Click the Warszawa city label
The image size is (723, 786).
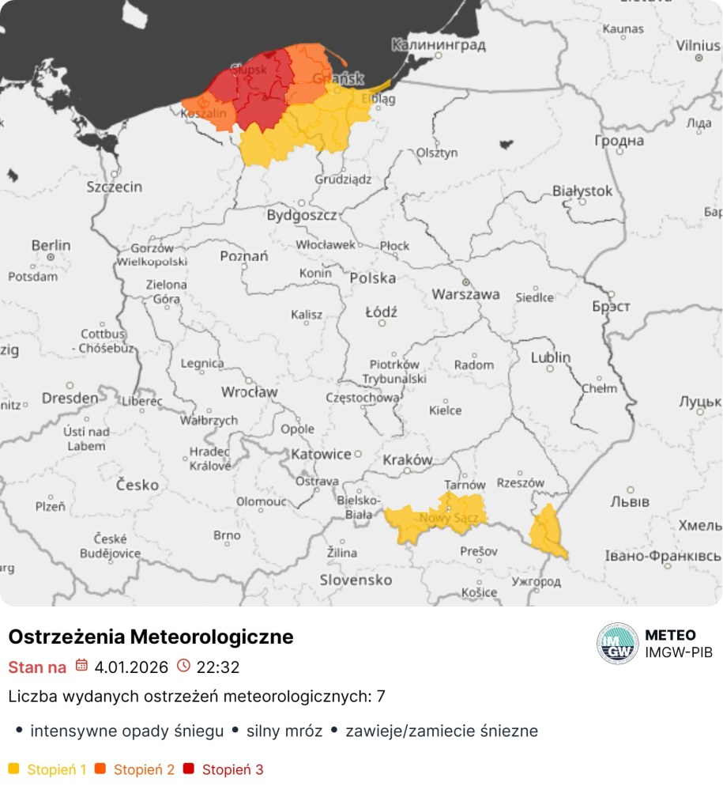tap(465, 294)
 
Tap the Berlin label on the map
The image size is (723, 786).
tap(51, 246)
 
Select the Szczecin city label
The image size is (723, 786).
tap(115, 187)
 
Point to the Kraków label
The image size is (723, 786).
tap(407, 459)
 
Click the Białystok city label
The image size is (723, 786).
tap(582, 191)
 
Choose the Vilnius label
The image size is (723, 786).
tap(698, 45)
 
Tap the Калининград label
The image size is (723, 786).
tap(439, 45)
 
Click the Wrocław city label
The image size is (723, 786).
tap(249, 391)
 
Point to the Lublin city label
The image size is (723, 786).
tap(551, 357)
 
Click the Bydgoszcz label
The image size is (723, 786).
tap(301, 214)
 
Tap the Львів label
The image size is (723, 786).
tap(630, 501)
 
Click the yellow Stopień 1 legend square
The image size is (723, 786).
tap(13, 769)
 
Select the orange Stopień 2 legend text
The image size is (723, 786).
tap(144, 769)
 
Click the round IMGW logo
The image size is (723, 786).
tap(617, 643)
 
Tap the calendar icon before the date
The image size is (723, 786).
tap(81, 666)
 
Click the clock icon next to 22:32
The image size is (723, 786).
tap(183, 666)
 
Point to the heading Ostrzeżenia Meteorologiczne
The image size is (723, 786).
tap(151, 637)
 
